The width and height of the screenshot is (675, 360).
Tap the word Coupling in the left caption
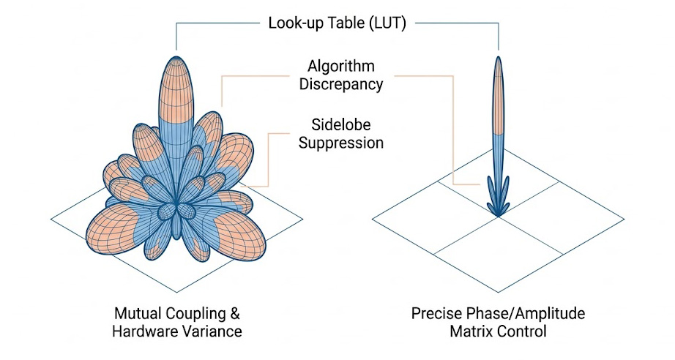click(195, 315)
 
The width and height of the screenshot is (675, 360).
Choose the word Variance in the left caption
click(209, 331)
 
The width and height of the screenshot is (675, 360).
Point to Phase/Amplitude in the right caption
click(523, 315)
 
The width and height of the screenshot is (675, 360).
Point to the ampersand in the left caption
click(234, 314)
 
